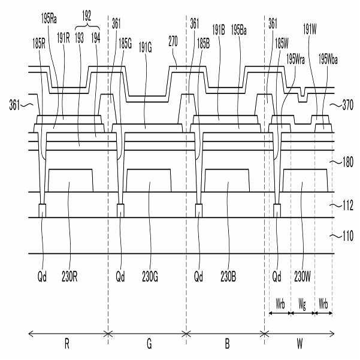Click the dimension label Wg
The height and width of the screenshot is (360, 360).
tap(302, 304)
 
